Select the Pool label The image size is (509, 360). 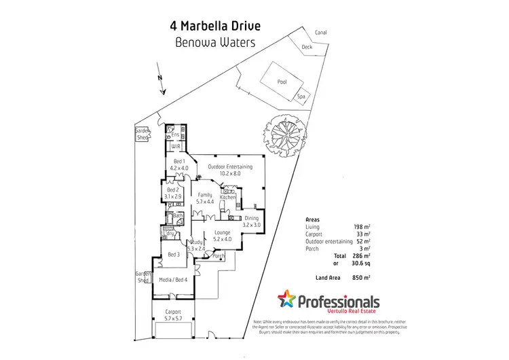pyautogui.click(x=282, y=82)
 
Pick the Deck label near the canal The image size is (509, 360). pyautogui.click(x=307, y=47)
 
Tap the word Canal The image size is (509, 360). pyautogui.click(x=321, y=32)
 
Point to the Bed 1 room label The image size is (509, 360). pyautogui.click(x=178, y=160)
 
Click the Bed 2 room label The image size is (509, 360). pyautogui.click(x=174, y=190)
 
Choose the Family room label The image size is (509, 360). pyautogui.click(x=205, y=195)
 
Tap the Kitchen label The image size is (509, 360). pyautogui.click(x=227, y=197)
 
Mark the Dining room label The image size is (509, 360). pyautogui.click(x=252, y=218)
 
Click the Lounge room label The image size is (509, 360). pyautogui.click(x=223, y=232)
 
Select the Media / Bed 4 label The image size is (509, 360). pyautogui.click(x=173, y=279)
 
